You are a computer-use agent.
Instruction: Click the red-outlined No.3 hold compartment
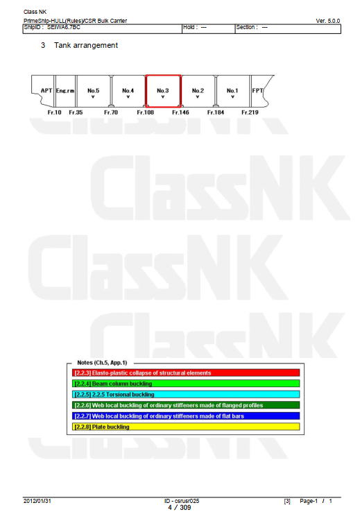tap(163, 76)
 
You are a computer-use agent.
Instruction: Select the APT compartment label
tap(46, 90)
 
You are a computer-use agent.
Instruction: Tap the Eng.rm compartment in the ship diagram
tap(65, 91)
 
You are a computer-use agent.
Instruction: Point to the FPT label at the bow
tap(257, 90)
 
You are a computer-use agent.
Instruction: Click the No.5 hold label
tap(93, 90)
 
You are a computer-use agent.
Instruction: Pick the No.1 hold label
tap(232, 90)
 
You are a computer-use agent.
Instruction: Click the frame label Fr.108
tap(145, 112)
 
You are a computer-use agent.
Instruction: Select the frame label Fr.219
tap(250, 112)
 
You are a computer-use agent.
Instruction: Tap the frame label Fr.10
tap(55, 112)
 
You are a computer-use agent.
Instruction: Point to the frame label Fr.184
tap(216, 112)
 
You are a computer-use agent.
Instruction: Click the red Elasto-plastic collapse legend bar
tap(186, 373)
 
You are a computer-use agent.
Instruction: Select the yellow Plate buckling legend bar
tap(186, 427)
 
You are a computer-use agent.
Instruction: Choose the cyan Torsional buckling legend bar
tap(186, 395)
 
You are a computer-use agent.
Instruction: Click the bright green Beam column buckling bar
tap(186, 384)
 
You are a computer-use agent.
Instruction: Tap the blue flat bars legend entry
tap(186, 416)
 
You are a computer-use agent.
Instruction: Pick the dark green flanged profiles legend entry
tap(186, 405)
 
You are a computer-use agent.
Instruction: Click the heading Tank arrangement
tap(86, 45)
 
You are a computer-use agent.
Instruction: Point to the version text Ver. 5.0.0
tap(327, 21)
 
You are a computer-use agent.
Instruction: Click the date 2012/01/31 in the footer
tap(37, 501)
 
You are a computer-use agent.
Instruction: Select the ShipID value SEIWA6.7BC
tap(64, 27)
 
